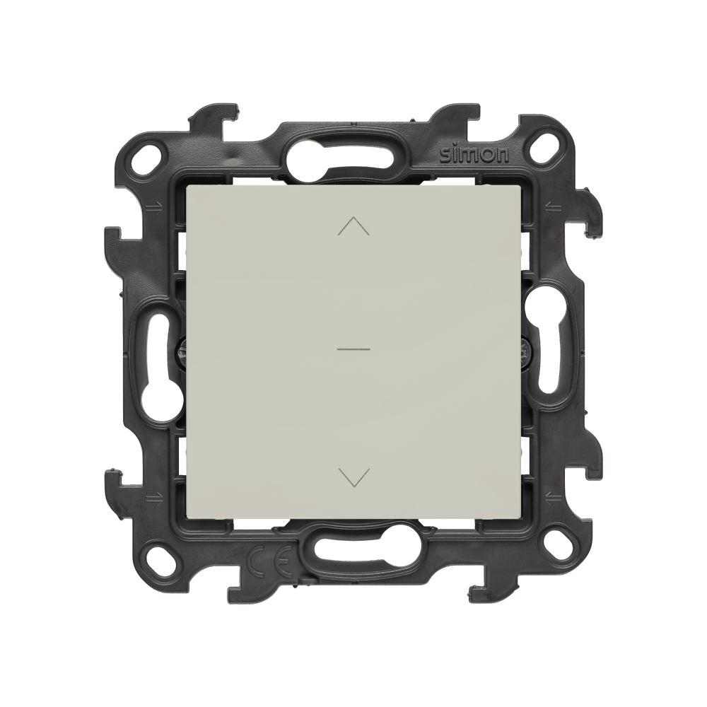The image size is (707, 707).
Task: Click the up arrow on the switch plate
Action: click(353, 226)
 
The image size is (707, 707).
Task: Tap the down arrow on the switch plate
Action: click(353, 478)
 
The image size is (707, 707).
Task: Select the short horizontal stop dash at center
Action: click(353, 349)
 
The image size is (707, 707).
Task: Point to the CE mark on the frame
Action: click(271, 559)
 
